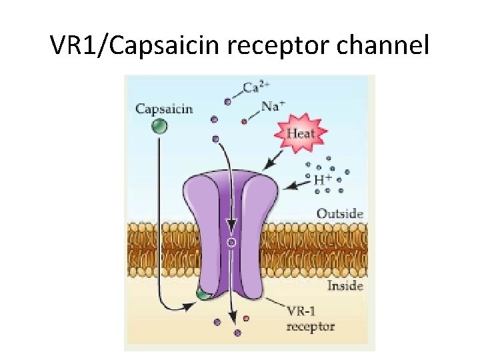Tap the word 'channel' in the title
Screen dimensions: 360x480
click(387, 45)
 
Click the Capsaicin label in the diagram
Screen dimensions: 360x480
click(164, 107)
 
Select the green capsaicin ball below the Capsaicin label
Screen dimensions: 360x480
click(159, 126)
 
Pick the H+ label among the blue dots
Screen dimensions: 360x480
click(323, 179)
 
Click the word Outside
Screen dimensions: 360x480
click(339, 213)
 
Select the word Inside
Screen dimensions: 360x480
click(344, 286)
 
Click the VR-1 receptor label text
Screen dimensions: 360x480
click(309, 320)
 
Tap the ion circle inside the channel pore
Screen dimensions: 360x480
click(231, 243)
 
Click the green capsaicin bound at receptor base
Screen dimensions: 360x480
click(201, 294)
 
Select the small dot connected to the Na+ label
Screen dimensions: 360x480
click(244, 121)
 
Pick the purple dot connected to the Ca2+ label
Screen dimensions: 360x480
click(228, 102)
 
